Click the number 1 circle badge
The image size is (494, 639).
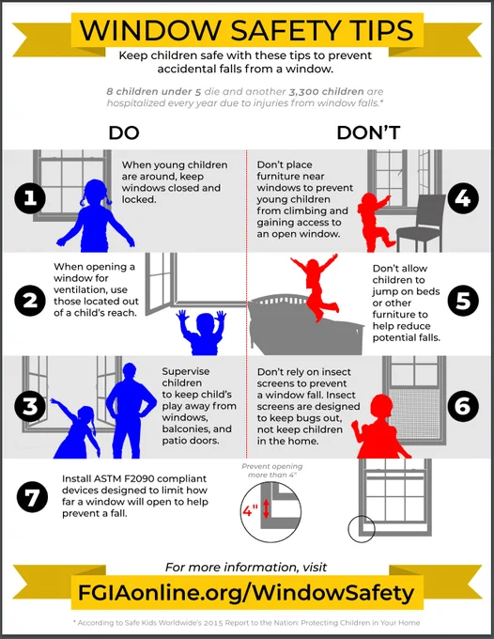pyautogui.click(x=30, y=198)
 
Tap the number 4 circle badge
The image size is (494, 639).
pyautogui.click(x=463, y=198)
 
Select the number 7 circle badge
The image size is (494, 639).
pyautogui.click(x=32, y=497)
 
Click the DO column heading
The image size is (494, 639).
pyautogui.click(x=124, y=132)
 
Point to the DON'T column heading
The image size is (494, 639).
pyautogui.click(x=368, y=132)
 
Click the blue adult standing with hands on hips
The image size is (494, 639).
pyautogui.click(x=131, y=410)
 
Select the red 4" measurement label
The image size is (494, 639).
pyautogui.click(x=250, y=510)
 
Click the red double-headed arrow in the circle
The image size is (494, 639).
pyautogui.click(x=266, y=509)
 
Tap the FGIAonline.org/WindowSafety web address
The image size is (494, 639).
pyautogui.click(x=246, y=593)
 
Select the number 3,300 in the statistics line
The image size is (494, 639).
pyautogui.click(x=305, y=92)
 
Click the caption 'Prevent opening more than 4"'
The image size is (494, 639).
pyautogui.click(x=272, y=471)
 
